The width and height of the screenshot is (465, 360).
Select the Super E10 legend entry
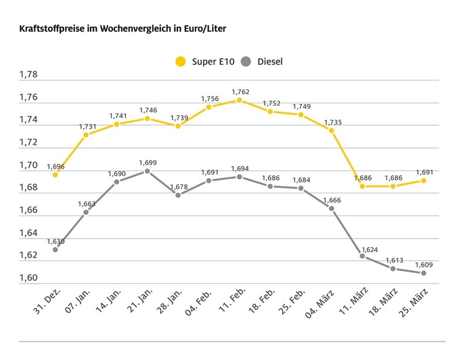point(199,62)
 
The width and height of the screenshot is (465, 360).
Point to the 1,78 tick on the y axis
point(28,75)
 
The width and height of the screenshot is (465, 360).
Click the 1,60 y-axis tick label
point(28,278)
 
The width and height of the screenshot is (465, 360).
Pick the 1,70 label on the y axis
point(28,165)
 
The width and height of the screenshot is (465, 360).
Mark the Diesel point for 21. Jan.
point(147,171)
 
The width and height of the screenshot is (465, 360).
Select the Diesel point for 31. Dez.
point(56,249)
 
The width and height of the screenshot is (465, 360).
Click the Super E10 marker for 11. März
point(362,186)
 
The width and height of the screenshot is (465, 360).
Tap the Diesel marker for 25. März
point(423,273)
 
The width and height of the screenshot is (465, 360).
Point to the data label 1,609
point(423,265)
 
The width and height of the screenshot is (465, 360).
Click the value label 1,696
point(56,166)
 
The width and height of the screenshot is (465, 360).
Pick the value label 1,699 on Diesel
point(147,162)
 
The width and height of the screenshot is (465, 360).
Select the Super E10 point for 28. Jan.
point(178,126)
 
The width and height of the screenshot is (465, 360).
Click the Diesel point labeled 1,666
point(332,208)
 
